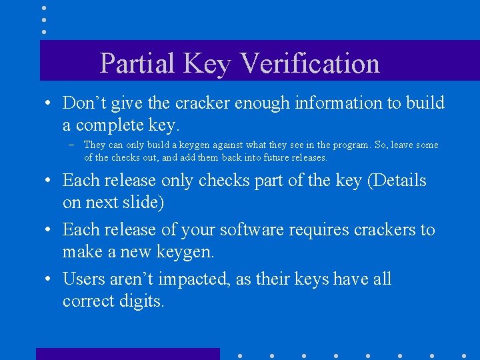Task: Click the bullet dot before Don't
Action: pyautogui.click(x=49, y=104)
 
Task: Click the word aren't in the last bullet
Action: pyautogui.click(x=132, y=279)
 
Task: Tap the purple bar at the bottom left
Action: pyautogui.click(x=127, y=354)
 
